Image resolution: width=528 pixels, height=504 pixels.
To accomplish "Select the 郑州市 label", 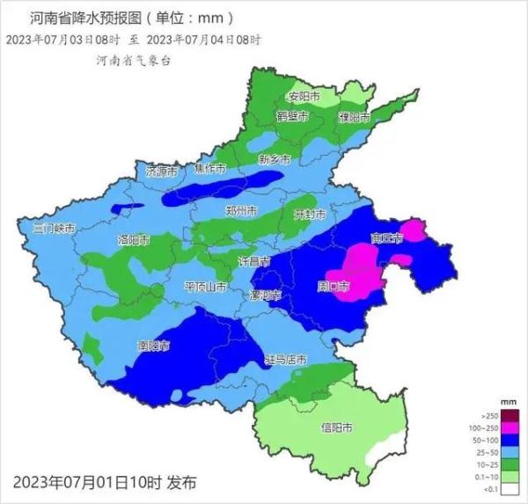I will coord(240,211).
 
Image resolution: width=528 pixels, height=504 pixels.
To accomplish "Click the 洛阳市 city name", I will coord(133,239).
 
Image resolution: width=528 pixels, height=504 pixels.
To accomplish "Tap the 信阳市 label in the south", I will coord(335,427).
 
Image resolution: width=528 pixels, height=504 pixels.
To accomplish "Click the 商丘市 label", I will coord(387,237).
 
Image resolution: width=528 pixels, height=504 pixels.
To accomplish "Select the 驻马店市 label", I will coord(286,361).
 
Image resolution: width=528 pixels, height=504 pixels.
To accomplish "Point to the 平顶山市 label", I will coord(206,287).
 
